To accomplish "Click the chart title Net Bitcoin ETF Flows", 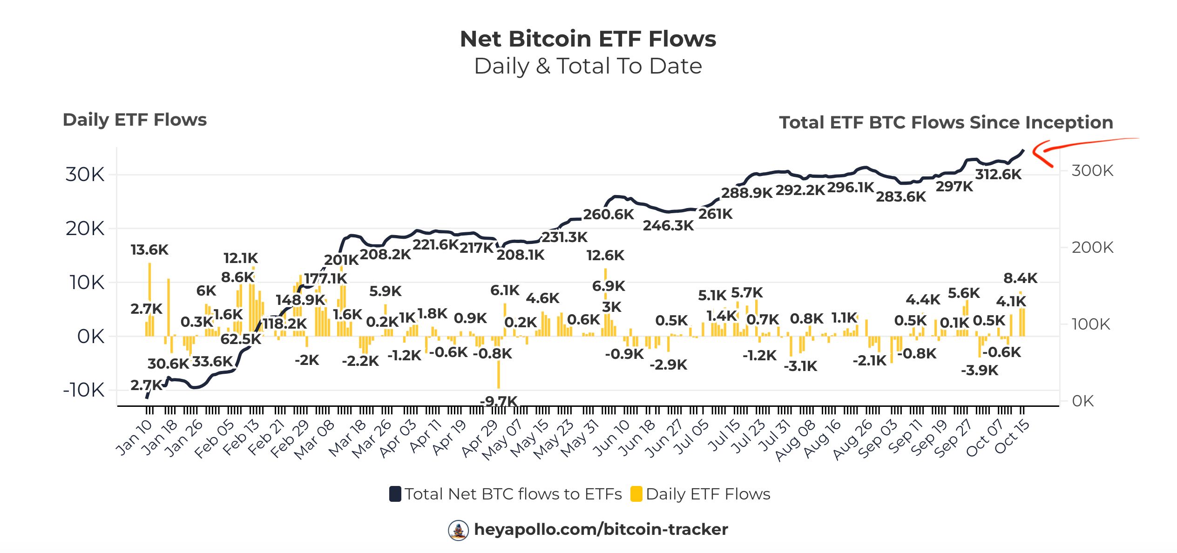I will (x=588, y=39).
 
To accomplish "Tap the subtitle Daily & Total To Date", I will (x=588, y=66).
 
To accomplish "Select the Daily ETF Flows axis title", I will (x=135, y=120).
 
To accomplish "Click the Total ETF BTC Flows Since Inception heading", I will (x=946, y=122).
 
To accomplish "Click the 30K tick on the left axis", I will (x=85, y=175).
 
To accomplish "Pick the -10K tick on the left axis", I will (x=84, y=390).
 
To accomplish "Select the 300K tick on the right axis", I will (x=1092, y=171).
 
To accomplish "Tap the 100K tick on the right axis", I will (x=1090, y=324).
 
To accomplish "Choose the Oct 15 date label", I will (x=1013, y=437).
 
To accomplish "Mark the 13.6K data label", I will (x=149, y=250).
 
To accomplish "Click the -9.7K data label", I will (x=499, y=401).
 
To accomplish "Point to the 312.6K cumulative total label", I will (x=998, y=175).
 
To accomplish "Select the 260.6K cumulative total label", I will (x=608, y=215).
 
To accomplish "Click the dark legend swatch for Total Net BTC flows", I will (x=395, y=494).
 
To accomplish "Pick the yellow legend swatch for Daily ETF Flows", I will (x=636, y=494).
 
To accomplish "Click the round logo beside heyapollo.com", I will (x=458, y=530).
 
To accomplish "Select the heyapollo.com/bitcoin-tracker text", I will (x=601, y=529).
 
